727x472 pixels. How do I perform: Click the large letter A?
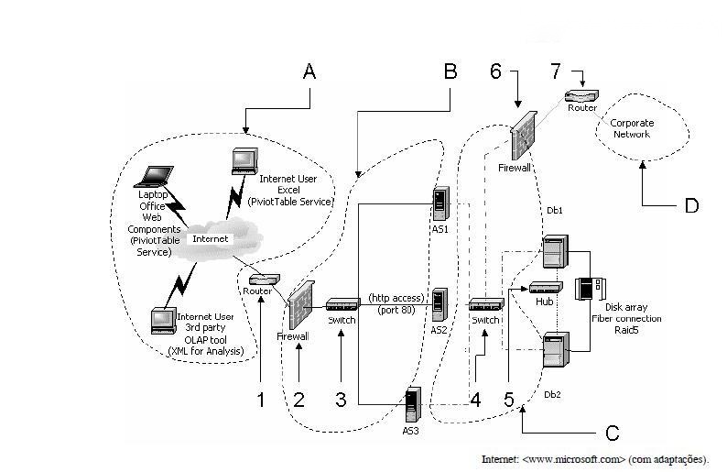coord(309,71)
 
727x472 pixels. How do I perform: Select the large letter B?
coord(450,71)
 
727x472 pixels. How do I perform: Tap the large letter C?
coord(612,433)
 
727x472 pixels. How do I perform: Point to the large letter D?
coord(691,205)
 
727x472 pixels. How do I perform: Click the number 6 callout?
coord(495,71)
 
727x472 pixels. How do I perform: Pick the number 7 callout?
coord(556,71)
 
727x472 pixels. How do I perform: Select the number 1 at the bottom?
coord(261,400)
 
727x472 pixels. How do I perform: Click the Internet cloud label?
coord(210,239)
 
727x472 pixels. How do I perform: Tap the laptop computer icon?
coord(153,177)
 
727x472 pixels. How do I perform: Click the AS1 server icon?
coord(440,203)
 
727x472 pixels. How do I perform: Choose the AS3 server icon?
coord(412,405)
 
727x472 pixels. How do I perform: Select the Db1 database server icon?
coord(556,251)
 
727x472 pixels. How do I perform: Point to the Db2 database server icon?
coord(556,349)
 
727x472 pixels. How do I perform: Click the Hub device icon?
coord(546,287)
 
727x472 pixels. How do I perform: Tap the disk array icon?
coord(590,289)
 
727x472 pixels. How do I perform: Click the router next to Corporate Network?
coord(581,96)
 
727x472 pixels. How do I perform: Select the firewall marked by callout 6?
coord(524,136)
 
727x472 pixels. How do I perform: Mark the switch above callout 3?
coord(343,304)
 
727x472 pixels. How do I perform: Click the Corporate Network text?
coord(632,128)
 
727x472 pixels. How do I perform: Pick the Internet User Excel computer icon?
coord(244,161)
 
